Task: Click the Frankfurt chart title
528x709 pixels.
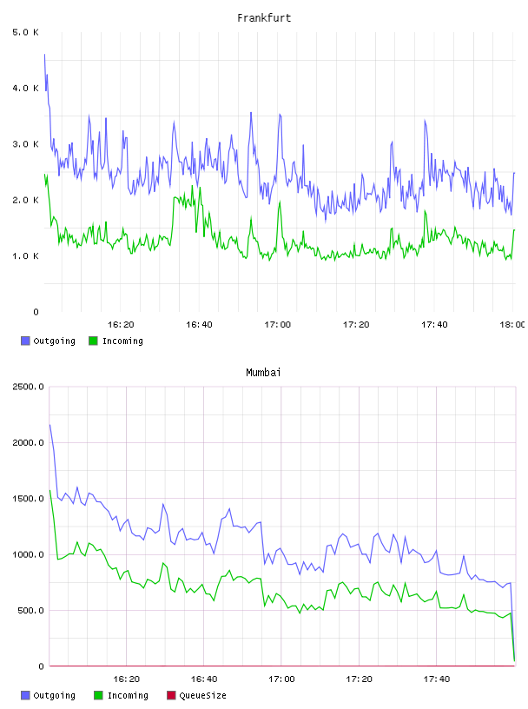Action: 264,18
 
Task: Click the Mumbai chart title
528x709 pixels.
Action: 263,373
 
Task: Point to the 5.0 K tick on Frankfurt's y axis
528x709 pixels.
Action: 25,32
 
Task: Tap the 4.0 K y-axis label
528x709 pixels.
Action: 25,88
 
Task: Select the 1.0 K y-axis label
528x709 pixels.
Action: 25,256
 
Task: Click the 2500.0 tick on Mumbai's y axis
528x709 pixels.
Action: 28,387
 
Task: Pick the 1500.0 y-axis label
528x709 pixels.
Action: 28,499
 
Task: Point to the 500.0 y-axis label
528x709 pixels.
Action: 30,611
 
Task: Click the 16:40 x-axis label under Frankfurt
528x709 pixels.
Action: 199,325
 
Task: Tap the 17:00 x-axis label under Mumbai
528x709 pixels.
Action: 281,679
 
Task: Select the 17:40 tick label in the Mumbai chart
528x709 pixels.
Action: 437,679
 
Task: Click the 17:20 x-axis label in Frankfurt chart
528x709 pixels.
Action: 356,325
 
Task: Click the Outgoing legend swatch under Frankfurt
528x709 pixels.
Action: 25,341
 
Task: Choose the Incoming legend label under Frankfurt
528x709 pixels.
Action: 122,341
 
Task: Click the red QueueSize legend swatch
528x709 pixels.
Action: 171,695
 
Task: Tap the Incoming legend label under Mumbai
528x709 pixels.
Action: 128,696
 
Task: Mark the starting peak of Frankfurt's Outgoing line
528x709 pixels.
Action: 44,55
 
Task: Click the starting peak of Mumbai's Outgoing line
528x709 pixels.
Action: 49,425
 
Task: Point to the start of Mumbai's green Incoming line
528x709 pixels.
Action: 49,490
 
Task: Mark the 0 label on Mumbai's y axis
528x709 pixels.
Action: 41,666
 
